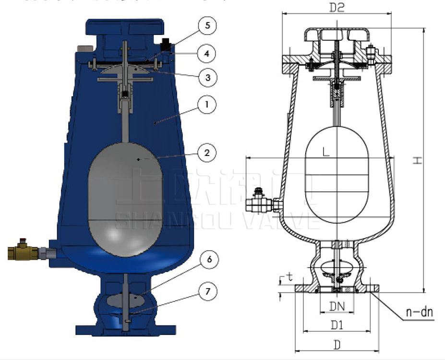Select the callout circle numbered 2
(x=207, y=153)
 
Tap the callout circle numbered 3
(x=207, y=77)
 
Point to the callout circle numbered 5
(x=207, y=25)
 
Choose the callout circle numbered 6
(x=207, y=260)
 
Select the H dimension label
(x=418, y=161)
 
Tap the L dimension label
(x=326, y=153)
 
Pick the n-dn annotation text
(x=420, y=313)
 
